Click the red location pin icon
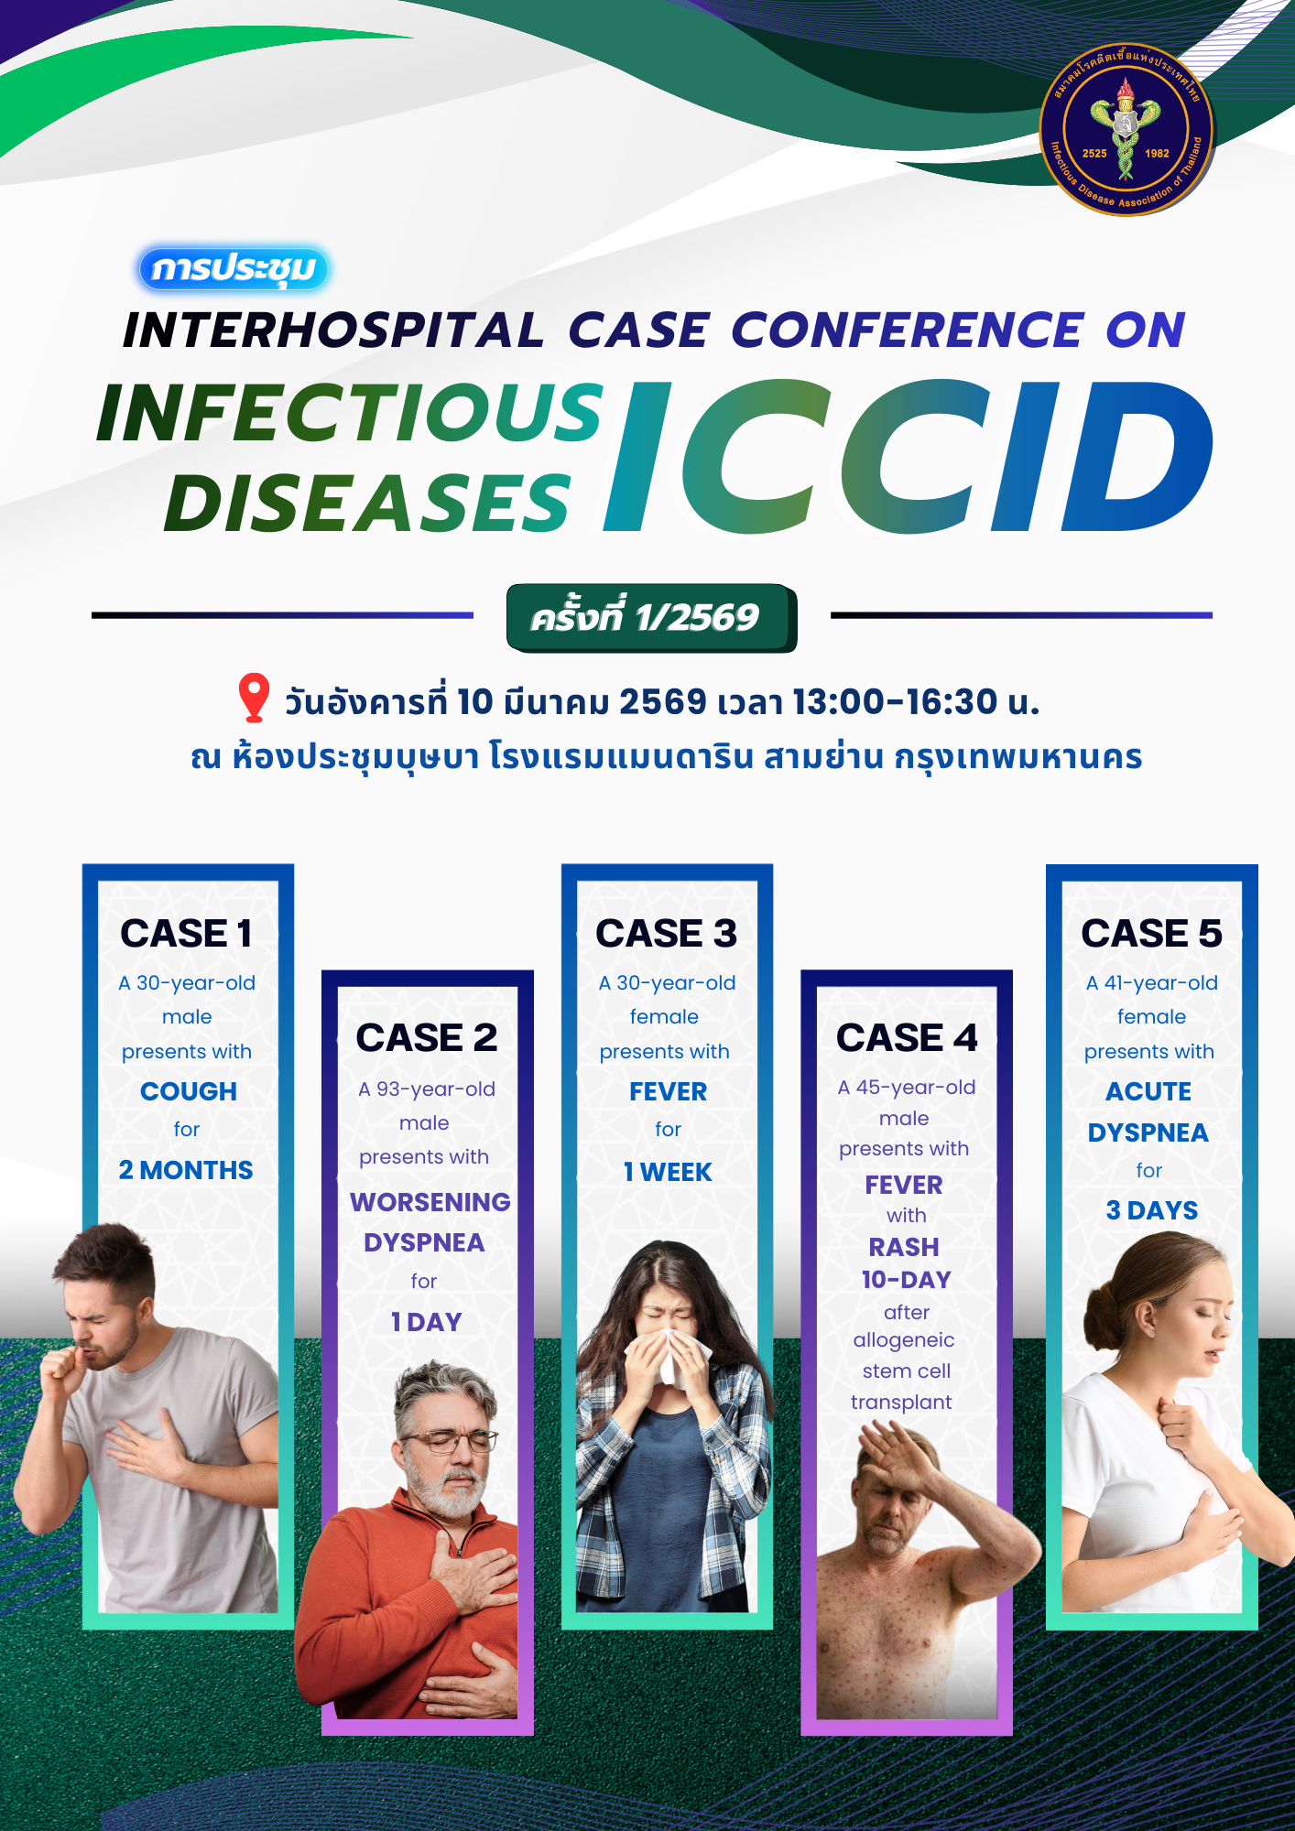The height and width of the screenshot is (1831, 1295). [x=254, y=698]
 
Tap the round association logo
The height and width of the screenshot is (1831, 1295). [x=1126, y=129]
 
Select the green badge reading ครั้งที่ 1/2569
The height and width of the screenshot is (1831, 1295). [x=651, y=618]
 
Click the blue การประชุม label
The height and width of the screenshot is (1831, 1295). [x=234, y=269]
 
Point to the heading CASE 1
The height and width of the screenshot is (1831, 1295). [x=186, y=934]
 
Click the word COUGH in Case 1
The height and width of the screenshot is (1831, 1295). [x=189, y=1091]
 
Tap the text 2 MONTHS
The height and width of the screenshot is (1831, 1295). [x=186, y=1170]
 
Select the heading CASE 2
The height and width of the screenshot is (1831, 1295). [x=427, y=1038]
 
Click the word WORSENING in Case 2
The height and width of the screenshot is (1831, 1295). [x=430, y=1202]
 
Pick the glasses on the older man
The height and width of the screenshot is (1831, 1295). [x=448, y=1442]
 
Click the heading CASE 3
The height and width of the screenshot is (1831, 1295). [x=667, y=934]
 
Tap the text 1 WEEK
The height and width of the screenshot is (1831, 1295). [x=668, y=1172]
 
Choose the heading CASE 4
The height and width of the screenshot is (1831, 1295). [x=907, y=1038]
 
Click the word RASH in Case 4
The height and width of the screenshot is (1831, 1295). [x=904, y=1247]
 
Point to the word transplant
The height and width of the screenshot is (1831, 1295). [x=901, y=1403]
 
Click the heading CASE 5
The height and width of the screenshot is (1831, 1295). [x=1151, y=934]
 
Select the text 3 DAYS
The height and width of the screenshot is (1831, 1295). [x=1152, y=1210]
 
